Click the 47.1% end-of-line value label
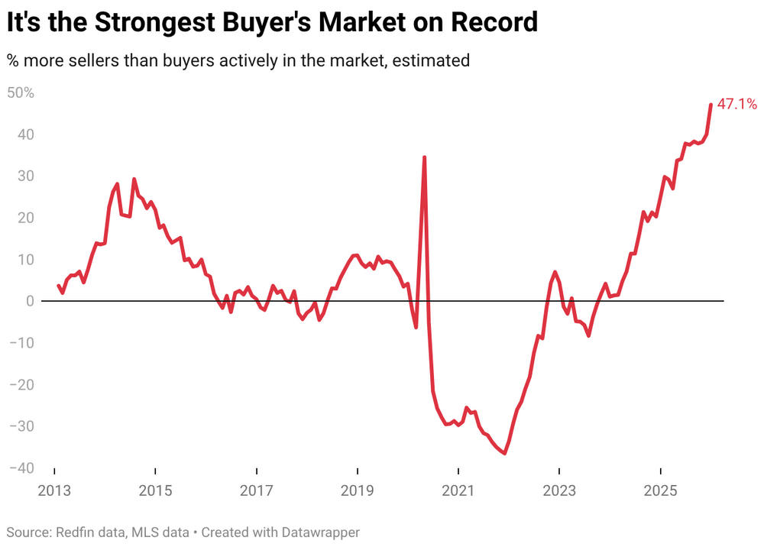pos(736,104)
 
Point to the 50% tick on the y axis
pos(21,93)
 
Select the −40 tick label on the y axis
pos(20,468)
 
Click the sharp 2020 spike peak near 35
pos(424,157)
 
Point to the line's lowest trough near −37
pos(505,453)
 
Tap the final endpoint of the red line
pos(711,105)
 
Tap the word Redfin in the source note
pos(71,532)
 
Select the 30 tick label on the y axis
pos(24,176)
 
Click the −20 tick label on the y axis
pos(20,384)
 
